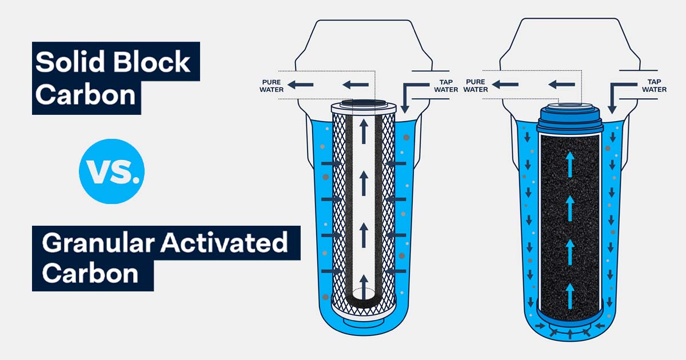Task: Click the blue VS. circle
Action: (111, 171)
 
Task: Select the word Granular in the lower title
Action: (98, 243)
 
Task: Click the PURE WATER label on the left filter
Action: (271, 86)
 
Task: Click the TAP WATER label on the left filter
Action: (446, 86)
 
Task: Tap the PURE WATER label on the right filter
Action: (476, 86)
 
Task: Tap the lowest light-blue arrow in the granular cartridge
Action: (569, 294)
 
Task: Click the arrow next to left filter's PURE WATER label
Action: (300, 85)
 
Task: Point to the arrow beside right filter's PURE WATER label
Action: (505, 85)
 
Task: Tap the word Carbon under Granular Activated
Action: (90, 273)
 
